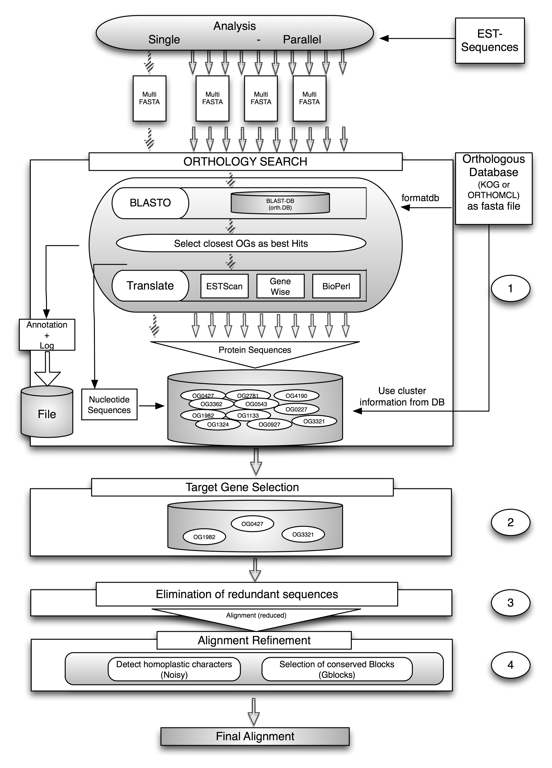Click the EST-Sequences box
pyautogui.click(x=490, y=40)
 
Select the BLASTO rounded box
pyautogui.click(x=150, y=203)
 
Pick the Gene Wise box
pyautogui.click(x=280, y=286)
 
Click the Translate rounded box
pyautogui.click(x=150, y=285)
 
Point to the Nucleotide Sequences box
pyautogui.click(x=109, y=404)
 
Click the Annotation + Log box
pyautogui.click(x=47, y=335)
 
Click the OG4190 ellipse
pyautogui.click(x=296, y=396)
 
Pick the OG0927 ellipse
pyautogui.click(x=269, y=424)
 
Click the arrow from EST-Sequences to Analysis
pyautogui.click(x=417, y=39)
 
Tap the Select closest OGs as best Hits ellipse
pyautogui.click(x=241, y=243)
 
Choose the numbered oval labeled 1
pyautogui.click(x=510, y=289)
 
